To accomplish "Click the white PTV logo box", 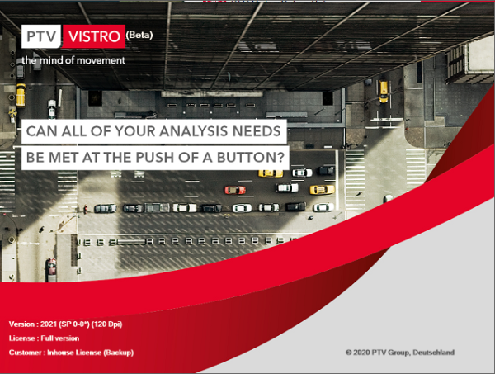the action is [x=41, y=36].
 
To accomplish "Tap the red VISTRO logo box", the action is [x=94, y=36].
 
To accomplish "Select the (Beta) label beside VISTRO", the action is [x=139, y=35].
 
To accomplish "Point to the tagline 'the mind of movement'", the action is [x=73, y=60].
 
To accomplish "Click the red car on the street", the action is [x=235, y=190].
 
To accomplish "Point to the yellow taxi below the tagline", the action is [x=21, y=94].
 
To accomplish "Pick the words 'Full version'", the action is [x=60, y=338].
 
